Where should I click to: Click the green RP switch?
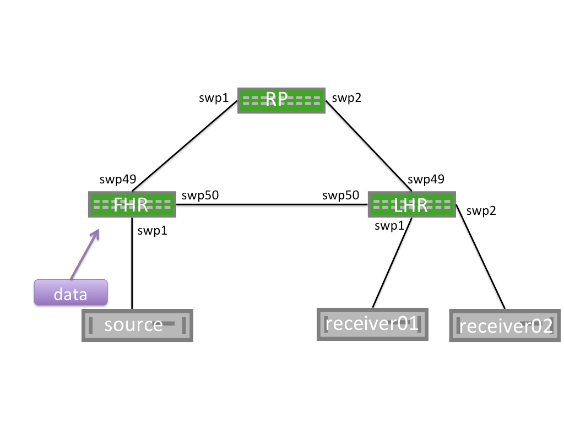[x=281, y=100]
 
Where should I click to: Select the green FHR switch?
[x=132, y=204]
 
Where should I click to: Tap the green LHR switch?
[x=411, y=205]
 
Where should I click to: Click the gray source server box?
[x=137, y=325]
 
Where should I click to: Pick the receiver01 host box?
[x=372, y=324]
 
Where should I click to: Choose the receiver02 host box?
[x=506, y=326]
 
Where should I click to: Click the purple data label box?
[x=70, y=293]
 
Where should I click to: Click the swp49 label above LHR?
[x=426, y=180]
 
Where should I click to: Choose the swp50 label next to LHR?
[x=340, y=196]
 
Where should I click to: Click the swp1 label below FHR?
[x=153, y=231]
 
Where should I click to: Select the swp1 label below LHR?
[x=389, y=225]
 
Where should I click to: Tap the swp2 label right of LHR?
[x=481, y=210]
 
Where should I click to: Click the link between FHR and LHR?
[x=270, y=204]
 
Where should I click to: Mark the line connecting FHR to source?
[x=132, y=264]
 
